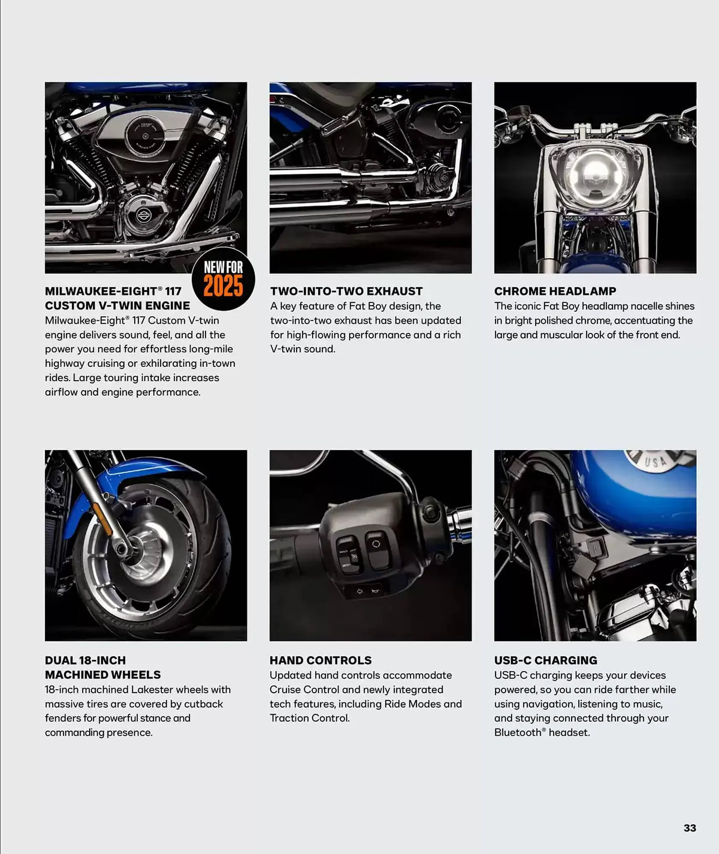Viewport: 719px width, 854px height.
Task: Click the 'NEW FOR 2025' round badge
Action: pos(223,279)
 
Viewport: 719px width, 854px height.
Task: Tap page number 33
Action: pos(690,828)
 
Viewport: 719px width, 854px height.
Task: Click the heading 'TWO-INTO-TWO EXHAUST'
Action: pos(346,291)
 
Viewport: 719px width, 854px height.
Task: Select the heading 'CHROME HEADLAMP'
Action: pos(555,291)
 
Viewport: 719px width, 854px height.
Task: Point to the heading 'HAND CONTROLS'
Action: pos(320,660)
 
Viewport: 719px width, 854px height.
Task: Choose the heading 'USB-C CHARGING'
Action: pos(546,660)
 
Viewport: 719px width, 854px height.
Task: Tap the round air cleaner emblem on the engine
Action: pos(146,136)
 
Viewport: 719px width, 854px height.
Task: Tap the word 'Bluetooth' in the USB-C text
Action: pos(518,733)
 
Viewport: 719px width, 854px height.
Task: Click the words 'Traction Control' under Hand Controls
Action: pos(309,718)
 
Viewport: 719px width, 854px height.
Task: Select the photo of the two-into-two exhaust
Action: pos(371,178)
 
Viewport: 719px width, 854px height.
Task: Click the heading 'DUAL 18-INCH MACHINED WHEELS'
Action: pos(103,667)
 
